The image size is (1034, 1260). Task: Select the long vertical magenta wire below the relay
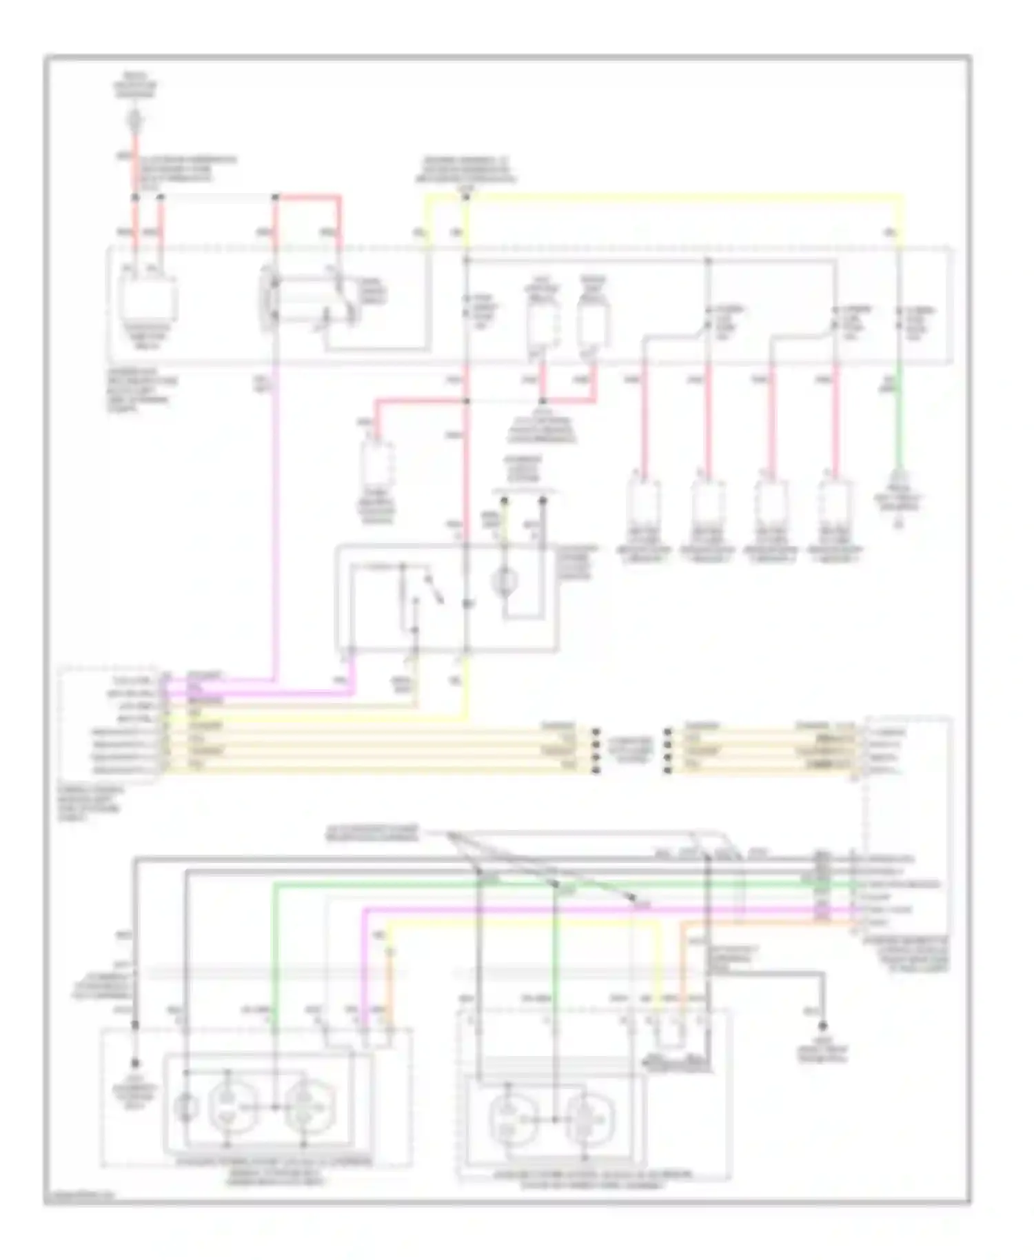pyautogui.click(x=276, y=524)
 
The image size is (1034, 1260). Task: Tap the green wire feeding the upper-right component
pyautogui.click(x=900, y=427)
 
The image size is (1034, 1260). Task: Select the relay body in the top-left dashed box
pyautogui.click(x=149, y=300)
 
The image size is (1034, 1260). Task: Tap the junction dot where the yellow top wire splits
pyautogui.click(x=466, y=197)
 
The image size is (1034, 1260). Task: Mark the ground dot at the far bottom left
pyautogui.click(x=136, y=1062)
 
